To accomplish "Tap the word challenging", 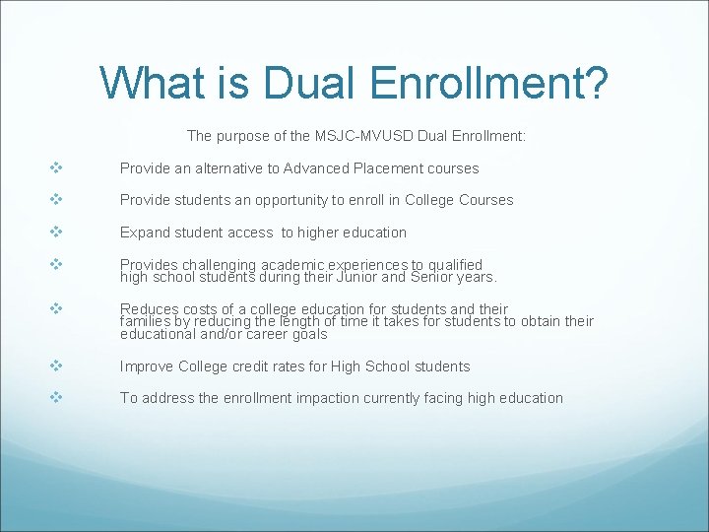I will pos(223,265).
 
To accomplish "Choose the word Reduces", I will pos(149,309).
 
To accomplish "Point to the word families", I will pos(146,321).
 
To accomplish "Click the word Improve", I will pos(147,366).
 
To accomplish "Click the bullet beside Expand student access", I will pos(56,233).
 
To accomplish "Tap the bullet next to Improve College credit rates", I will pos(56,366).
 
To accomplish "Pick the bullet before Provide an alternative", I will pos(56,168).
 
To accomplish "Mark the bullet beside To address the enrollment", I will pos(56,398).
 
